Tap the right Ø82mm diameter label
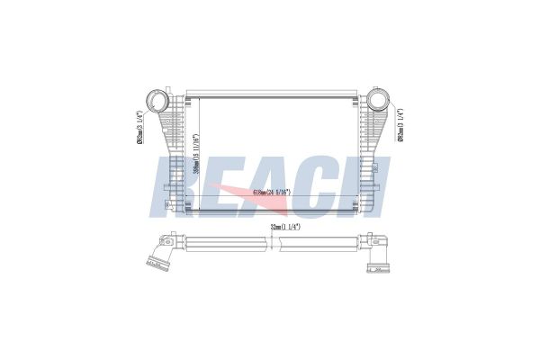click(x=399, y=125)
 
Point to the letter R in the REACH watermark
click(x=176, y=184)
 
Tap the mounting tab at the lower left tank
click(x=168, y=206)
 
